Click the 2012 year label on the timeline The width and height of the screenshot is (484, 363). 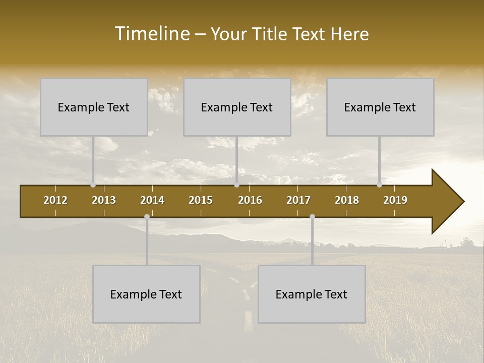(55, 200)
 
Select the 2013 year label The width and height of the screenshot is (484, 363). (104, 200)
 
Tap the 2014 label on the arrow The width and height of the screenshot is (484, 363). (152, 200)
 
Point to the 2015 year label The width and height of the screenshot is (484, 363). (201, 200)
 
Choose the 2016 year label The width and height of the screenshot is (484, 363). (250, 200)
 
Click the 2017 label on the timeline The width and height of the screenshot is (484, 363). (298, 200)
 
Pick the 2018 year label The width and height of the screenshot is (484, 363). (347, 200)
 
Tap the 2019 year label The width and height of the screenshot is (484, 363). (395, 200)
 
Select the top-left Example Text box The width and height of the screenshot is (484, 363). (94, 107)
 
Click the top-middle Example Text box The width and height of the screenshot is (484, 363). (237, 107)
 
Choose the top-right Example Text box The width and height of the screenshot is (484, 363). (380, 107)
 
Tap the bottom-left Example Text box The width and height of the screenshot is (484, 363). (146, 294)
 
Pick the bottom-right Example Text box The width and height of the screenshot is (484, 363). (312, 294)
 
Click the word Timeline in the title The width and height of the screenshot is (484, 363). (152, 34)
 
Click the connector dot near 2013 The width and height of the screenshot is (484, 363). (93, 185)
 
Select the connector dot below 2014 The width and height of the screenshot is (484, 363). (147, 217)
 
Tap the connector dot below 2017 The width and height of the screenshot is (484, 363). (312, 217)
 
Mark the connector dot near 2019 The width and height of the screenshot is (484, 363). (380, 185)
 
